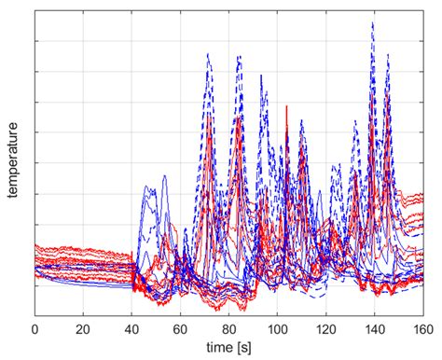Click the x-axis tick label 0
pyautogui.click(x=35, y=329)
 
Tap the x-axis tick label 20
pyautogui.click(x=84, y=329)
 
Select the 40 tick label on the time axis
pyautogui.click(x=132, y=329)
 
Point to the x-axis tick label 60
pyautogui.click(x=181, y=329)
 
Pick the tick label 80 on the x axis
pyautogui.click(x=229, y=329)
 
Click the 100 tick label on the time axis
pyautogui.click(x=277, y=329)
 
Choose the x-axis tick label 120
pyautogui.click(x=325, y=329)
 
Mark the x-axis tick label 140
pyautogui.click(x=374, y=329)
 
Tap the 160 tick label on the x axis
pyautogui.click(x=421, y=329)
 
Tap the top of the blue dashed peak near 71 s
pyautogui.click(x=207, y=53)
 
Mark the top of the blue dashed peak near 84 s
pyautogui.click(x=239, y=55)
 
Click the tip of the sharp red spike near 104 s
pyautogui.click(x=286, y=105)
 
